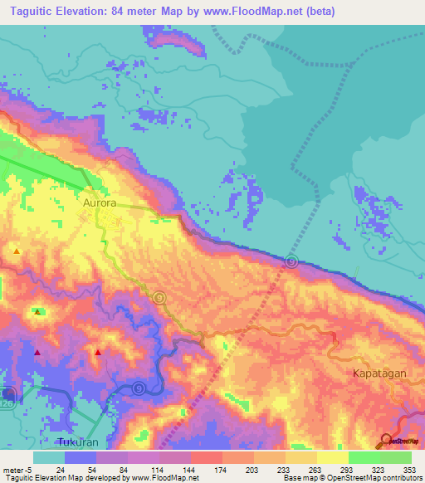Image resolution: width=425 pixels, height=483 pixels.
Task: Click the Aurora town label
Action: pos(104,201)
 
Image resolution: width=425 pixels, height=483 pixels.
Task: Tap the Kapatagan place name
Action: pos(379,373)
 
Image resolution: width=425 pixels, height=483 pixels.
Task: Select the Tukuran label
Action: pos(78,441)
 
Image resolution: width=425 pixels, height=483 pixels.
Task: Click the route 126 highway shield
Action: pos(8,393)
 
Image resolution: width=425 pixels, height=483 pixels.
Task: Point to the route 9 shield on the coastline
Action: pos(291,261)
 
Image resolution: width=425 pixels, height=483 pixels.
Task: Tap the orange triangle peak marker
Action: pos(17,250)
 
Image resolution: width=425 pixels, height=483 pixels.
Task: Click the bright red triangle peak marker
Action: pos(98,352)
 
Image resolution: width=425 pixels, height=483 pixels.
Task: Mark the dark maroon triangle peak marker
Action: pos(37,352)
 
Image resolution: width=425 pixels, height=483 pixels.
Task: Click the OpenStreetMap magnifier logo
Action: pos(386,439)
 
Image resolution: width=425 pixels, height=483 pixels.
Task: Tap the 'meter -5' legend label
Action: pos(17,468)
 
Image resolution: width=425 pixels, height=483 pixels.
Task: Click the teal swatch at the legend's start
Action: pos(48,457)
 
